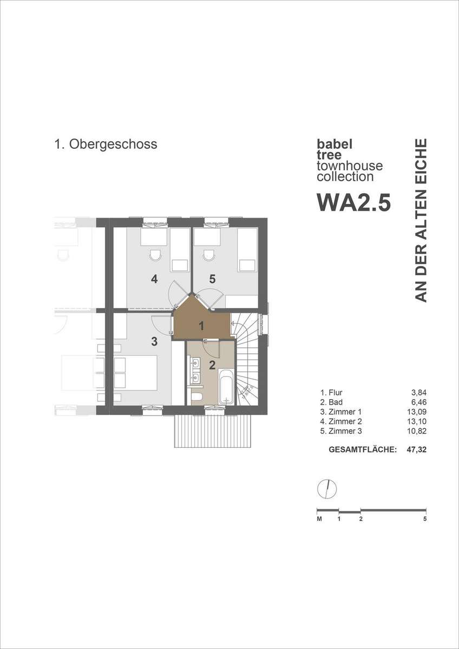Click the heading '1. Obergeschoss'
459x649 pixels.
[x=106, y=144]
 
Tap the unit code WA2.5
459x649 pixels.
[x=354, y=202]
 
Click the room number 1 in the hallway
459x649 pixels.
[x=201, y=327]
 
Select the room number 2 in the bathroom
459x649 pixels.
[x=212, y=365]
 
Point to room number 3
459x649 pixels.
[x=154, y=342]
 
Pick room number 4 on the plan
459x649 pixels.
[x=154, y=279]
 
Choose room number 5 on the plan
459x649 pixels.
[x=212, y=279]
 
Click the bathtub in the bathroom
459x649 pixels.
[x=226, y=386]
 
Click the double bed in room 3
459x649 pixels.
[x=136, y=373]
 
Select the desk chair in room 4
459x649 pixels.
[x=155, y=255]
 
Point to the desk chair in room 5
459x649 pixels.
[x=209, y=255]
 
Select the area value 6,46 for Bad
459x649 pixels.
[x=419, y=402]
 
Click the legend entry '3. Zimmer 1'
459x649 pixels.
[x=341, y=412]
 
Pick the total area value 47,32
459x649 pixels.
[x=417, y=449]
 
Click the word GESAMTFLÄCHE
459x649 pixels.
[x=363, y=449]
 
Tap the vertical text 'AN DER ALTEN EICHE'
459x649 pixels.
[x=421, y=221]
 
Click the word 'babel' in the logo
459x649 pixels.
[x=335, y=144]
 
